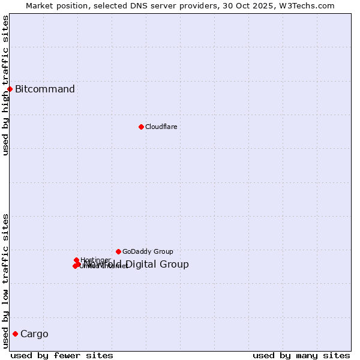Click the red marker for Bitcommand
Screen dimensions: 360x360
10,89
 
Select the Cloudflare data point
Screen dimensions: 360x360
141,127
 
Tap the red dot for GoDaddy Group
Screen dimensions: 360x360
118,251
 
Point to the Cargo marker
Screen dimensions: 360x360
15,334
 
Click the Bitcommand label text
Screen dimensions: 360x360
45,89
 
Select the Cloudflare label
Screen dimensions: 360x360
161,127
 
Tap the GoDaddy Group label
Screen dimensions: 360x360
148,251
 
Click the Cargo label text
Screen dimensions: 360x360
34,334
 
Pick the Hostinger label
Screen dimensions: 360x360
95,260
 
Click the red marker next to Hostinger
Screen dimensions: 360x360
76,260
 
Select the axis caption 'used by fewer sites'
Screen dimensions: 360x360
62,356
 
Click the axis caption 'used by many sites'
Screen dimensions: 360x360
301,356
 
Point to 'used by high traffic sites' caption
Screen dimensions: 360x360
6,85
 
